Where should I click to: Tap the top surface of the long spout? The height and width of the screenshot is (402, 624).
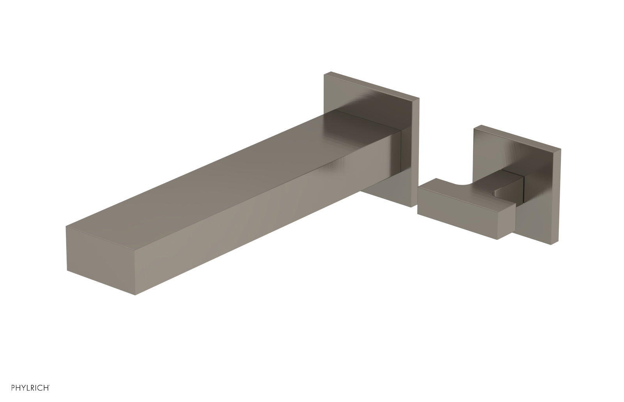tap(234, 171)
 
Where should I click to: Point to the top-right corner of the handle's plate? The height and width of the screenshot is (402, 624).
tap(560, 149)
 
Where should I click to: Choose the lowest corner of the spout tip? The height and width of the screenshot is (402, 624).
tap(135, 295)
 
